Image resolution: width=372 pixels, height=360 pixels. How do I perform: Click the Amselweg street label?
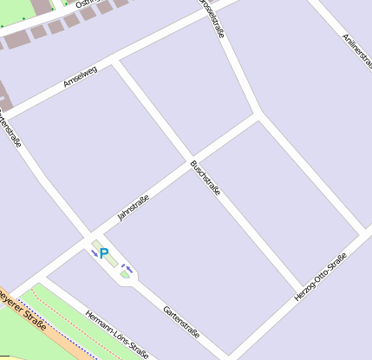click(x=81, y=76)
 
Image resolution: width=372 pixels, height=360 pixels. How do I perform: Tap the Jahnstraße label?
click(x=134, y=208)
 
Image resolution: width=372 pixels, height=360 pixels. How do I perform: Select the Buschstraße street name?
click(x=206, y=177)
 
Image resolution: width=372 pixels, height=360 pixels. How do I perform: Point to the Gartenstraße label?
click(x=182, y=321)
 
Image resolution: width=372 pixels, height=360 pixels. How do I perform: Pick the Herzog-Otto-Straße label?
click(x=321, y=277)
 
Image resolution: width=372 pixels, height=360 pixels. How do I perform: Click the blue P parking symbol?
click(x=104, y=254)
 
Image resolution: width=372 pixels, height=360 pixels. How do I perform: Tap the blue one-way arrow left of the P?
click(x=95, y=253)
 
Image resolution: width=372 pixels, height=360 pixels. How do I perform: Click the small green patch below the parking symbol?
click(x=125, y=275)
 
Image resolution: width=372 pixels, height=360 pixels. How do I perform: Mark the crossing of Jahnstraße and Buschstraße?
click(x=191, y=160)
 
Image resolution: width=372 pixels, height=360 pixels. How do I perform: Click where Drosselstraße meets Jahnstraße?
click(x=258, y=113)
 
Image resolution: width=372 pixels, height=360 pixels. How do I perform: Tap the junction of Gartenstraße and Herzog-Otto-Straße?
click(x=228, y=355)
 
